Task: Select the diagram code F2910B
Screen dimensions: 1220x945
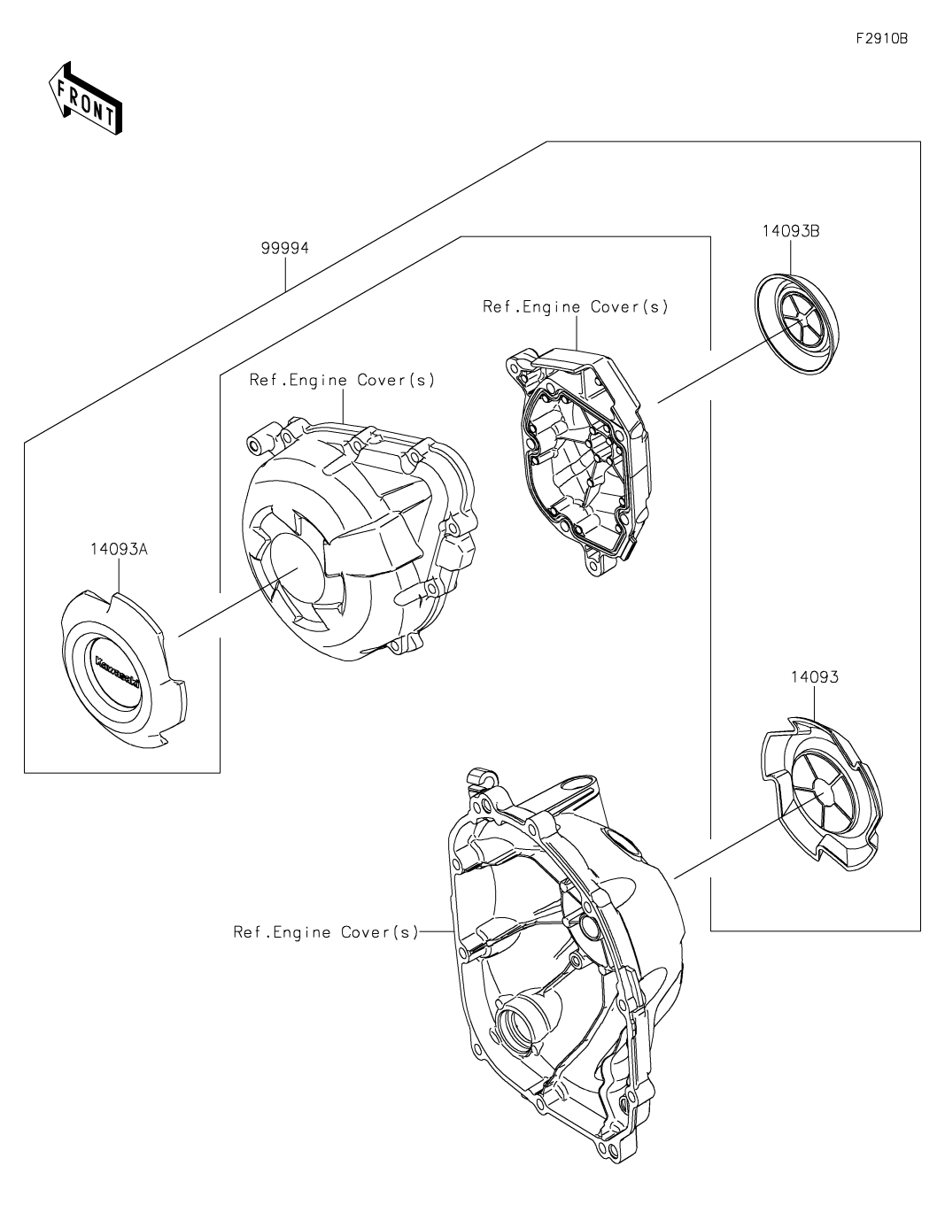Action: point(881,39)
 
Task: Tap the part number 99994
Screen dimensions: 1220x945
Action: point(284,249)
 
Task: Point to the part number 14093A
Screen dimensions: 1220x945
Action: point(118,549)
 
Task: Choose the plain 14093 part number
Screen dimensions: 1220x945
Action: point(814,677)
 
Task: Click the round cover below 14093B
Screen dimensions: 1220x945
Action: point(794,320)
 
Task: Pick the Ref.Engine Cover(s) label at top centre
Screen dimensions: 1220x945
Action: point(575,307)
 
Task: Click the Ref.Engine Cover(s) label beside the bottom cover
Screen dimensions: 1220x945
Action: point(325,932)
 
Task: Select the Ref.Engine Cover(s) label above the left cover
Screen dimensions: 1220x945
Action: point(342,380)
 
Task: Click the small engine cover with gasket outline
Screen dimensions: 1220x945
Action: point(579,459)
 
